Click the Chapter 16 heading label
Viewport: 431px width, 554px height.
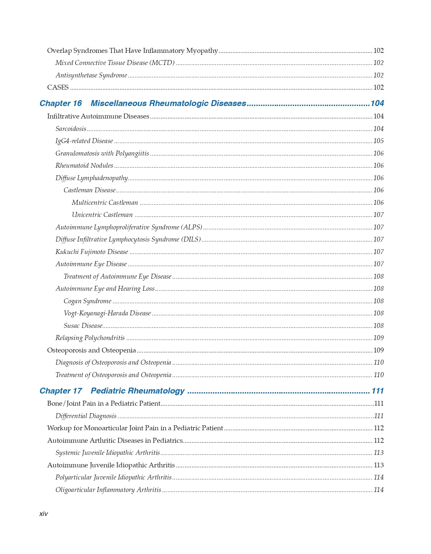pos(60,103)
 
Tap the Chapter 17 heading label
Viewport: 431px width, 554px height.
pos(60,391)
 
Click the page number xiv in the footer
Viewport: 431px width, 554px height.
pos(43,514)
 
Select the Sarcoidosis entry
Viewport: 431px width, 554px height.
pos(71,129)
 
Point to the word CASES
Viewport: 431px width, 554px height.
pos(58,87)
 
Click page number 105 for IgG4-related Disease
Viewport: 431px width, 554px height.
pos(378,141)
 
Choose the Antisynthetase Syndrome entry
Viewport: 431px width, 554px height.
pos(91,75)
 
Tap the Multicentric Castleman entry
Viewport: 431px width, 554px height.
pos(105,203)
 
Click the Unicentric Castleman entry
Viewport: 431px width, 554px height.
pos(102,215)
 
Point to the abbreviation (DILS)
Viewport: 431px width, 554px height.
pos(191,240)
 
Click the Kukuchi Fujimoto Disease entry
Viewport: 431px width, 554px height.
pos(92,252)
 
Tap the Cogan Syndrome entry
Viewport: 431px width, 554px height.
pos(87,301)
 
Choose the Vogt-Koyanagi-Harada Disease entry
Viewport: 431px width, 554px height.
pos(107,313)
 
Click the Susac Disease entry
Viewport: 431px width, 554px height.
pos(83,326)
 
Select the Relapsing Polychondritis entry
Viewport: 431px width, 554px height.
pos(90,338)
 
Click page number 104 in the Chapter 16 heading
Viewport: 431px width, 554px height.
pos(377,103)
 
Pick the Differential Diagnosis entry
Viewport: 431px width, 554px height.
pos(86,416)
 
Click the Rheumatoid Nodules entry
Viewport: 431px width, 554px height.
pos(84,166)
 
